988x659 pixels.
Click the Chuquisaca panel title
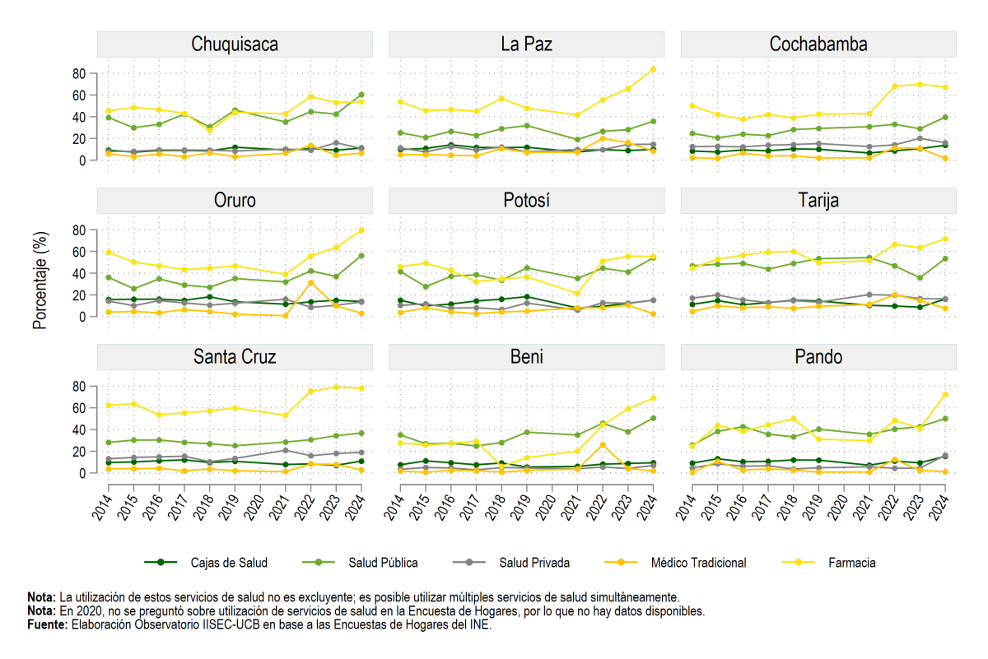coord(235,44)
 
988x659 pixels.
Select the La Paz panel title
coord(527,44)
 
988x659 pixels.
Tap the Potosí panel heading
coord(527,201)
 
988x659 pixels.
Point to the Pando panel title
coord(818,356)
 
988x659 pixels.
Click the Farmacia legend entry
coord(829,563)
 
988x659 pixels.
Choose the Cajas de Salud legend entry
coord(206,563)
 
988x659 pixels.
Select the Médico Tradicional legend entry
coord(675,563)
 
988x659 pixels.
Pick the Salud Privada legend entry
coord(511,563)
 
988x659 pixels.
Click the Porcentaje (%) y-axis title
coord(40,281)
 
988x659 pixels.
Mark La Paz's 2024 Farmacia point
coord(653,69)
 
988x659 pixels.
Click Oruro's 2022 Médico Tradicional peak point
coord(311,282)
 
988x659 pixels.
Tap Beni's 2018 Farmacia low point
coord(501,466)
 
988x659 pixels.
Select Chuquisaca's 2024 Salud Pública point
coord(361,95)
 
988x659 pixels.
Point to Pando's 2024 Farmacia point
coord(945,395)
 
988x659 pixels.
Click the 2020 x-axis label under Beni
coord(546,507)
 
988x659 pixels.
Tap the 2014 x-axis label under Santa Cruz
coord(102,507)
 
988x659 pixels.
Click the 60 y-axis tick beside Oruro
coord(79,252)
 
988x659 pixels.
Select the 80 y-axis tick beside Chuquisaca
coord(79,73)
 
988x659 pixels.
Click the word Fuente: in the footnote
coord(48,624)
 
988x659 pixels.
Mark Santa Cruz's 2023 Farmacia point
coord(336,387)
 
